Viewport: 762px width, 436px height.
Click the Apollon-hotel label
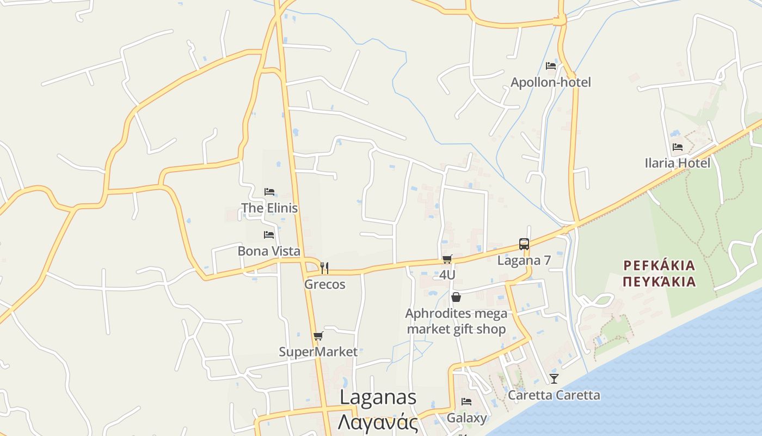(x=550, y=82)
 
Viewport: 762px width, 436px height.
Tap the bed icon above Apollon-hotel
(x=551, y=66)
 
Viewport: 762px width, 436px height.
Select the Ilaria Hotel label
(x=677, y=163)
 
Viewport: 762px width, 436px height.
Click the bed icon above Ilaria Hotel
(x=678, y=147)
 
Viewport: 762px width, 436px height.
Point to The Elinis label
(x=269, y=208)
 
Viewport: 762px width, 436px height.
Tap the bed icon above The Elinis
(x=269, y=192)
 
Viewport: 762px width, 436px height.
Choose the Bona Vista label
(x=269, y=251)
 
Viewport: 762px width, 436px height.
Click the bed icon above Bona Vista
(x=269, y=235)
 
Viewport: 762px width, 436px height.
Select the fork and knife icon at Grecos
(x=324, y=268)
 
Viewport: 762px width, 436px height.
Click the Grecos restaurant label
(x=324, y=284)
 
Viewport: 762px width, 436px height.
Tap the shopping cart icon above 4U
(x=447, y=259)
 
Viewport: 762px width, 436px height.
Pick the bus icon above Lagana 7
(x=524, y=244)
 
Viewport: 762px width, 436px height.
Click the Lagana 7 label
(x=524, y=261)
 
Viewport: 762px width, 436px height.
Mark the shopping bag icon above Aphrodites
(x=456, y=297)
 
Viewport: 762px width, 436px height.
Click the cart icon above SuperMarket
(x=318, y=336)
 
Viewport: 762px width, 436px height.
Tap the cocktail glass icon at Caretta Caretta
(x=554, y=378)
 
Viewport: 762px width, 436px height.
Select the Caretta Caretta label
(x=554, y=395)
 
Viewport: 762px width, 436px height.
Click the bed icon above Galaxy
(x=466, y=402)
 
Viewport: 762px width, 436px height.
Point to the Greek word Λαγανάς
(x=378, y=423)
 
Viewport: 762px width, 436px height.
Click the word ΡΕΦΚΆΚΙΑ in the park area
(x=659, y=266)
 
